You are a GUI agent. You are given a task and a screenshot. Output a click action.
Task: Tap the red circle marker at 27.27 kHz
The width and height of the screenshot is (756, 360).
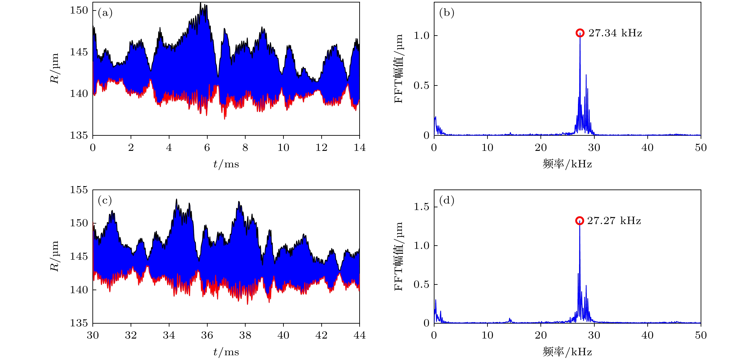point(579,221)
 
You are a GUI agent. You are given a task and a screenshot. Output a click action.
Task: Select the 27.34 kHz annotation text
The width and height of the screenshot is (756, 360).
point(615,33)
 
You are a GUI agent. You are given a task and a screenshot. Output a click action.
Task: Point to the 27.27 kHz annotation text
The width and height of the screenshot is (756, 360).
point(614,221)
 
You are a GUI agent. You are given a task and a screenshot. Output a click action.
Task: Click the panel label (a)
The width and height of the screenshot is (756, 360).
point(105,13)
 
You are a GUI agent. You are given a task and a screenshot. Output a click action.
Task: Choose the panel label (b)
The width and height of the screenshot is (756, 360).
point(446,13)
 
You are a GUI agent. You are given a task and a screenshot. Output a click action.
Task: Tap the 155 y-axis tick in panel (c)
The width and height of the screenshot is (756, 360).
point(79,190)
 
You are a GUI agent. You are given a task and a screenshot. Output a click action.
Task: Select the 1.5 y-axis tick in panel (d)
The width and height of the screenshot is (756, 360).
point(421,207)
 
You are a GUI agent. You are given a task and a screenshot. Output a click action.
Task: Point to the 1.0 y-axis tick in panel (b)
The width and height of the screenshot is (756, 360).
point(421,35)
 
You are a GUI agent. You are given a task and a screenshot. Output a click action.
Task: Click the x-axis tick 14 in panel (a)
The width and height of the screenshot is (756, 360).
point(359,147)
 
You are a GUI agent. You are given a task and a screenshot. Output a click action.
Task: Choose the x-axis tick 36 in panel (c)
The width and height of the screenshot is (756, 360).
point(207,335)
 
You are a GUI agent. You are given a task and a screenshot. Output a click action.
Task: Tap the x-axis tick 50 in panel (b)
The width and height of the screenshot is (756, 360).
point(701,147)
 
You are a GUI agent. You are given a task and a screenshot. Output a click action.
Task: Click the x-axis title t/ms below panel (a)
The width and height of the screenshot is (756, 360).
point(226,164)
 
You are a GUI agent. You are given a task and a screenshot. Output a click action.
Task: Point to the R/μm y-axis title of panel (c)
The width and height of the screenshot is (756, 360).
point(55,256)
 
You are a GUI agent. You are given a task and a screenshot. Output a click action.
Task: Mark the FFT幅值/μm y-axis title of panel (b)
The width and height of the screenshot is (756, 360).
point(399,69)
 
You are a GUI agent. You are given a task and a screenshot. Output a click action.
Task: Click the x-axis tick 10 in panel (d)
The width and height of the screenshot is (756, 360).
point(487,335)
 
